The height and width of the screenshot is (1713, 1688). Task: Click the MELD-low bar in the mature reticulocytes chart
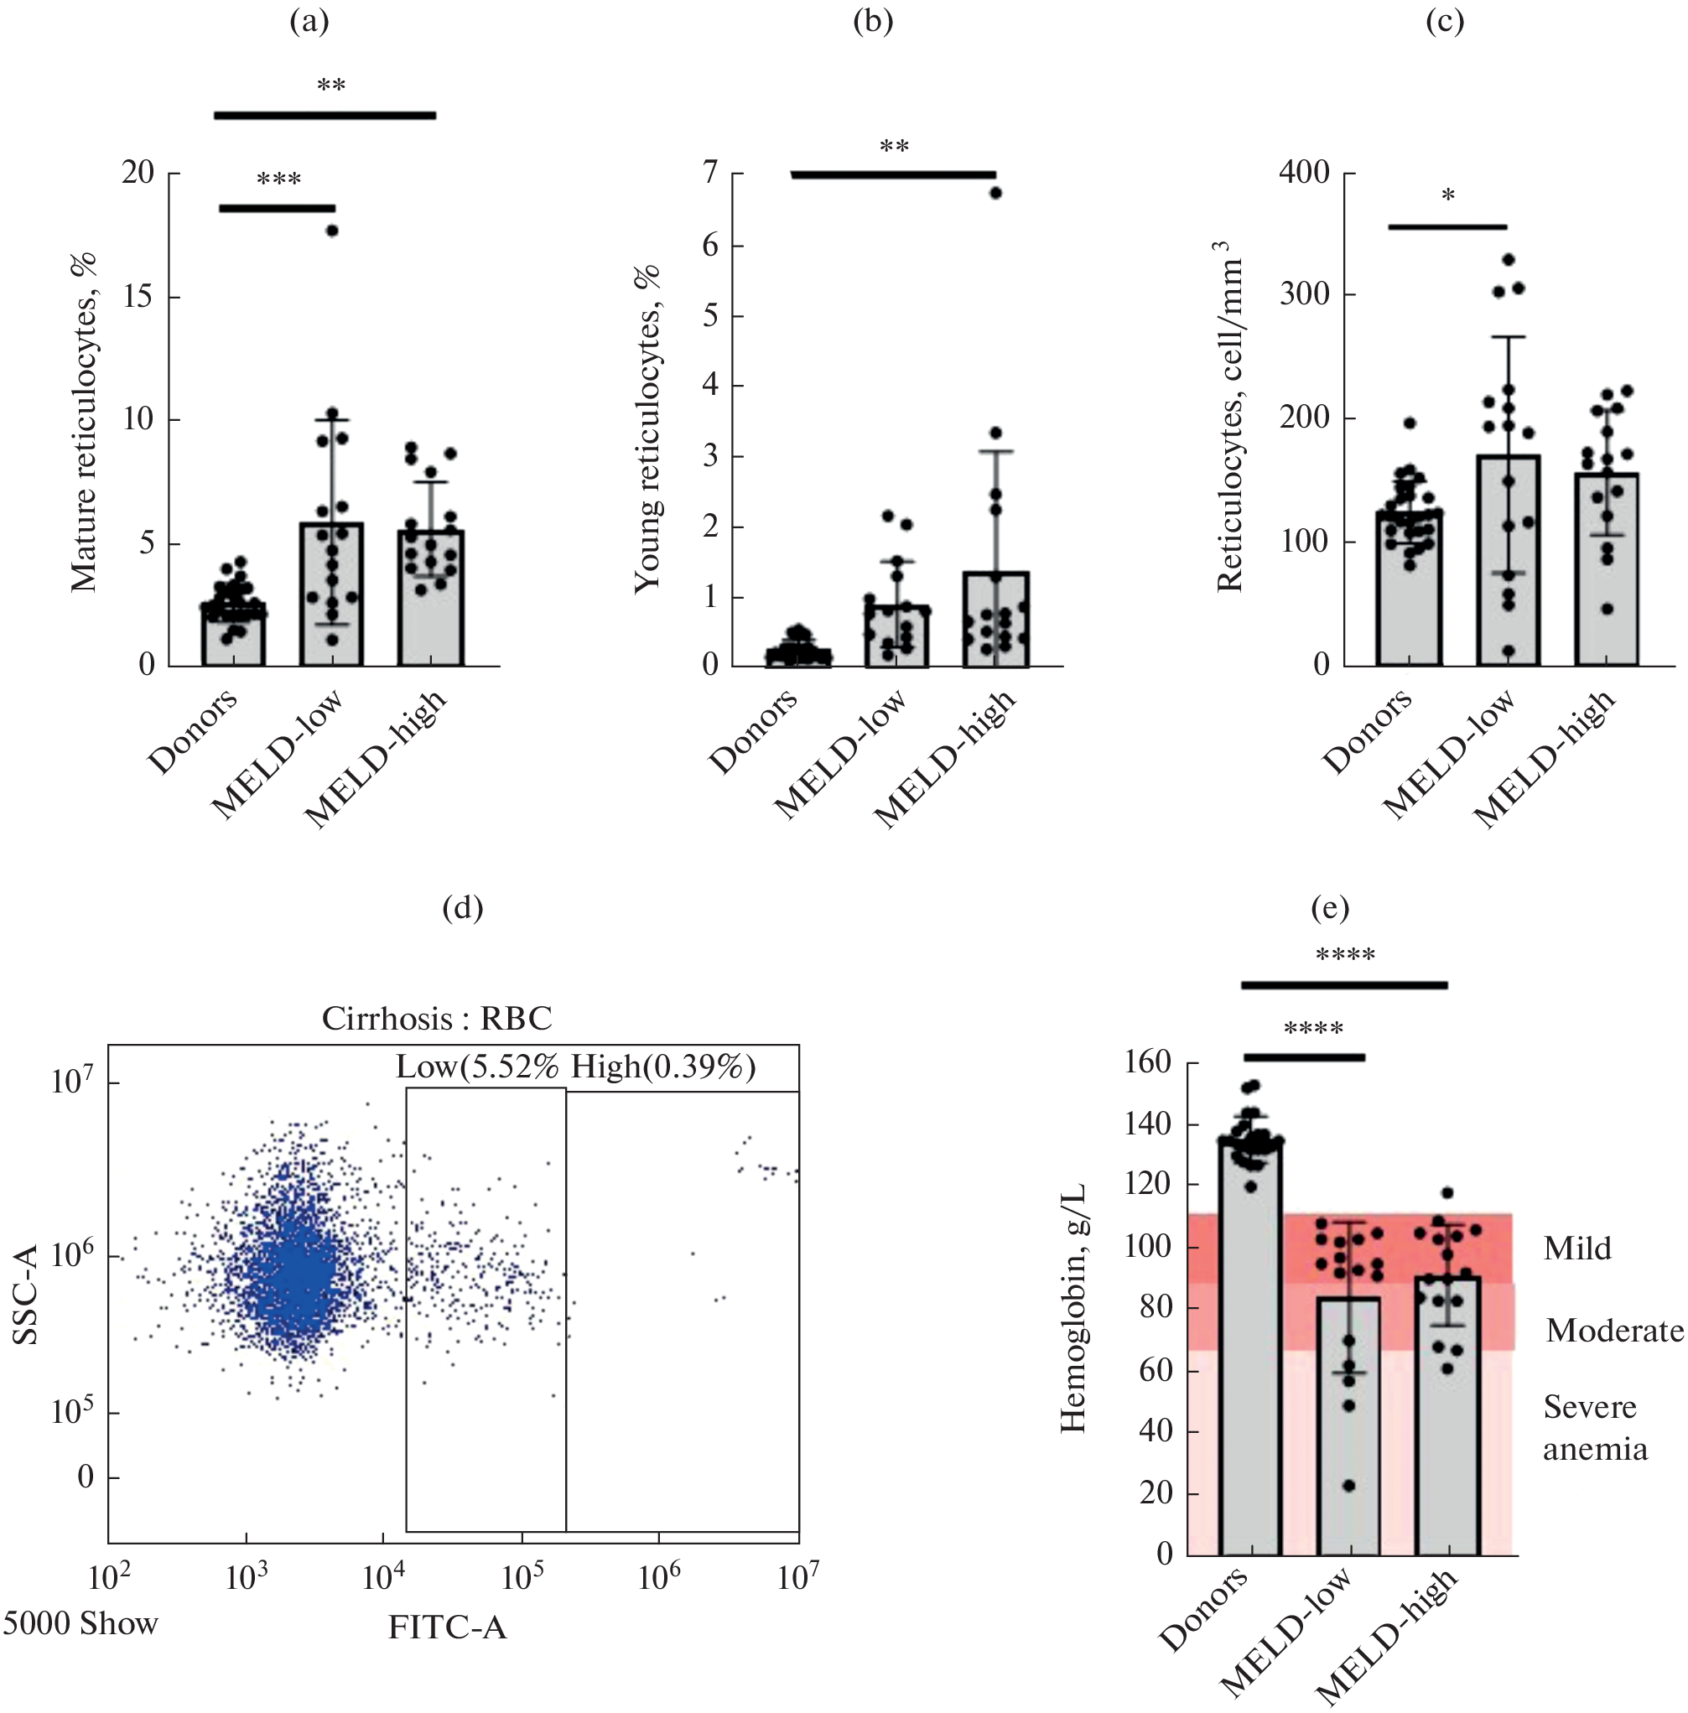click(331, 594)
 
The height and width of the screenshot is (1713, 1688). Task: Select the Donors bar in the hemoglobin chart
click(1250, 1347)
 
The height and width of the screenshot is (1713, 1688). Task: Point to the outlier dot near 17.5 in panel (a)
click(332, 231)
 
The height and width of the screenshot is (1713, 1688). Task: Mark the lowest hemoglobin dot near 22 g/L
click(1349, 1485)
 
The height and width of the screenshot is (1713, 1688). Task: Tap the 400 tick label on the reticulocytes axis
click(1304, 172)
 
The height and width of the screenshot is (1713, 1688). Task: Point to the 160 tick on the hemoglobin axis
click(1147, 1062)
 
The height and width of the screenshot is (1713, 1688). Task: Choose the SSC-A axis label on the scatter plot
click(27, 1294)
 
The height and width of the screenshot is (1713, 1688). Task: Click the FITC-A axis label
click(448, 1627)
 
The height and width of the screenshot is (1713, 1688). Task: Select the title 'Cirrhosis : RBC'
click(436, 1018)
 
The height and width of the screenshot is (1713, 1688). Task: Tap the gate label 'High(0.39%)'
click(663, 1066)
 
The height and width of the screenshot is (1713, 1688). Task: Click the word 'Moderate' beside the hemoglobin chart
click(1614, 1330)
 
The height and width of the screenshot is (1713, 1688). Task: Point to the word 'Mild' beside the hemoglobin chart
click(1576, 1248)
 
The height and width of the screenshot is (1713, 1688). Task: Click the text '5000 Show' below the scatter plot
click(80, 1623)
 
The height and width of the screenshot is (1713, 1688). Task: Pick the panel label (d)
click(462, 907)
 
